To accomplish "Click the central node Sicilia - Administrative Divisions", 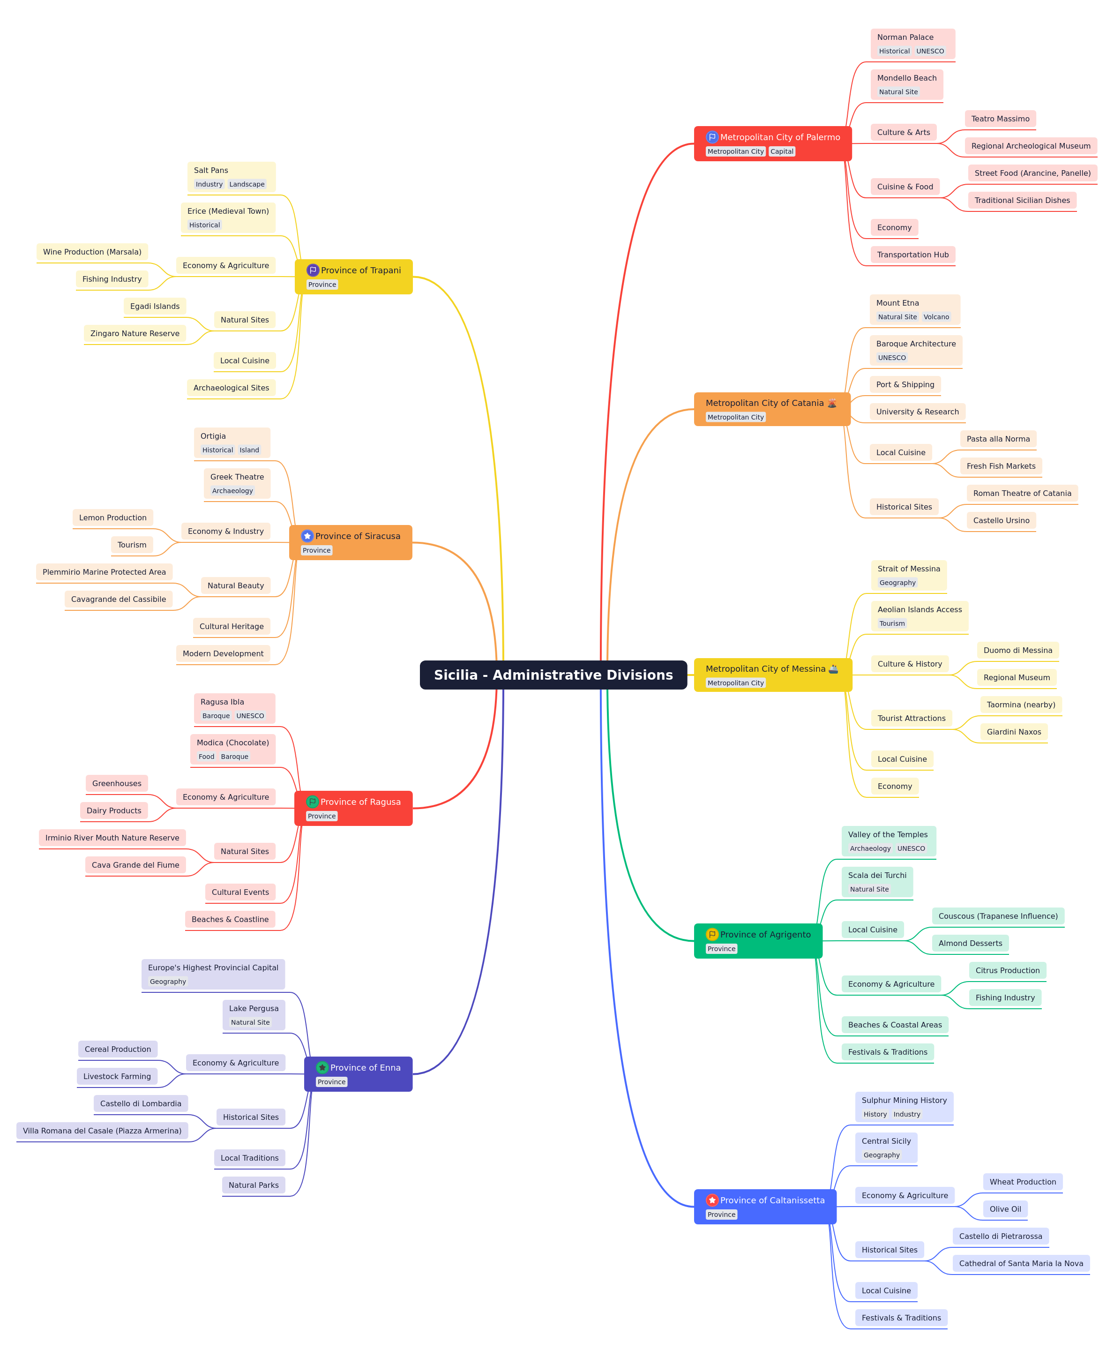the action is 553,675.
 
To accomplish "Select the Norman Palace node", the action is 912,44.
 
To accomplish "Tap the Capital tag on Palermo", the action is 782,151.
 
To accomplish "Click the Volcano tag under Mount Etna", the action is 936,317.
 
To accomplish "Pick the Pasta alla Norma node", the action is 998,439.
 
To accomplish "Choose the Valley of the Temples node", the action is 889,841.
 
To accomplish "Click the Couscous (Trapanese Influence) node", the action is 998,916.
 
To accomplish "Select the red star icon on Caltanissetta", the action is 711,1200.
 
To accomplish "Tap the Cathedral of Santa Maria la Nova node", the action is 1021,1263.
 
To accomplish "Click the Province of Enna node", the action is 358,1074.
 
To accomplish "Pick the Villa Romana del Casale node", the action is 102,1131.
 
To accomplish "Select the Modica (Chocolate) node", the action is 233,749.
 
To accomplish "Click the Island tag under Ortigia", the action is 249,450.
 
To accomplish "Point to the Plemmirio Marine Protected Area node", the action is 104,572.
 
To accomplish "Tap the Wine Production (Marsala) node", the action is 92,252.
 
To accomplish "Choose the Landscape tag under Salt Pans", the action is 247,184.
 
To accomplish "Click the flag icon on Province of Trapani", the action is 313,270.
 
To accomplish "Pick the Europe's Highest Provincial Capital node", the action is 213,975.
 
